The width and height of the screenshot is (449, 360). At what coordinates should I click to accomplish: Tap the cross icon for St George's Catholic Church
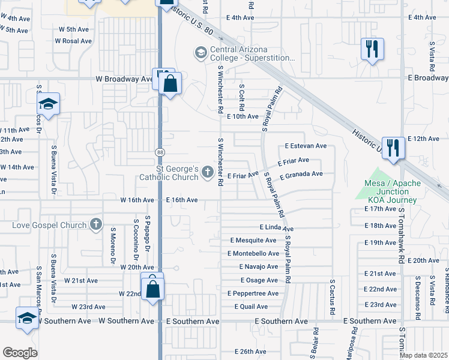(208, 173)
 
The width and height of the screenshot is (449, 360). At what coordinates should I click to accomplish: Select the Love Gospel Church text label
(49, 225)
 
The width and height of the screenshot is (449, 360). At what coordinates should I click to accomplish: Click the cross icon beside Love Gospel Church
(95, 225)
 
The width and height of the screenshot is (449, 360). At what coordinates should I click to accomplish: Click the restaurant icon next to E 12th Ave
(392, 148)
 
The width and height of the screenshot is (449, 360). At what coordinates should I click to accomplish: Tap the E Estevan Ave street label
(306, 146)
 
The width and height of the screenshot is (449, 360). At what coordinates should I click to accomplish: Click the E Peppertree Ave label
(253, 293)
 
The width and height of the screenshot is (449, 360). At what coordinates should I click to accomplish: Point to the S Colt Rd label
(241, 97)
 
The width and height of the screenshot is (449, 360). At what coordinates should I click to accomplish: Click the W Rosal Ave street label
(73, 41)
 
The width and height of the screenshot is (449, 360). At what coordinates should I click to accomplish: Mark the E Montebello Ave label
(253, 254)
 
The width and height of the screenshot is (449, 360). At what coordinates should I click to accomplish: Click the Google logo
(20, 353)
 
